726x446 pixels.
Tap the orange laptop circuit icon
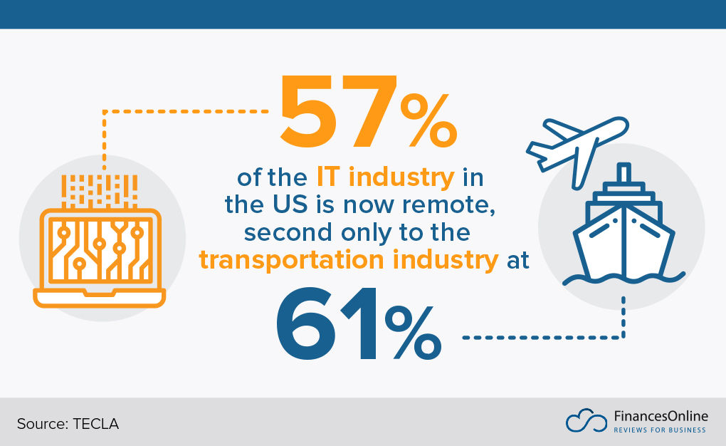point(99,249)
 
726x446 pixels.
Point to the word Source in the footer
point(41,424)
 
